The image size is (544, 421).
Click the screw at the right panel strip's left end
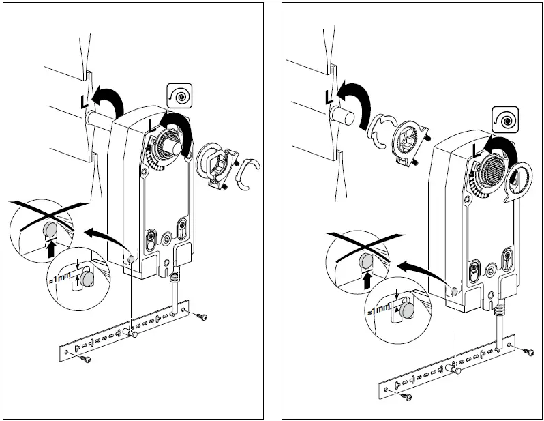click(406, 395)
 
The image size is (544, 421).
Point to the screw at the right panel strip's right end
click(528, 351)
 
